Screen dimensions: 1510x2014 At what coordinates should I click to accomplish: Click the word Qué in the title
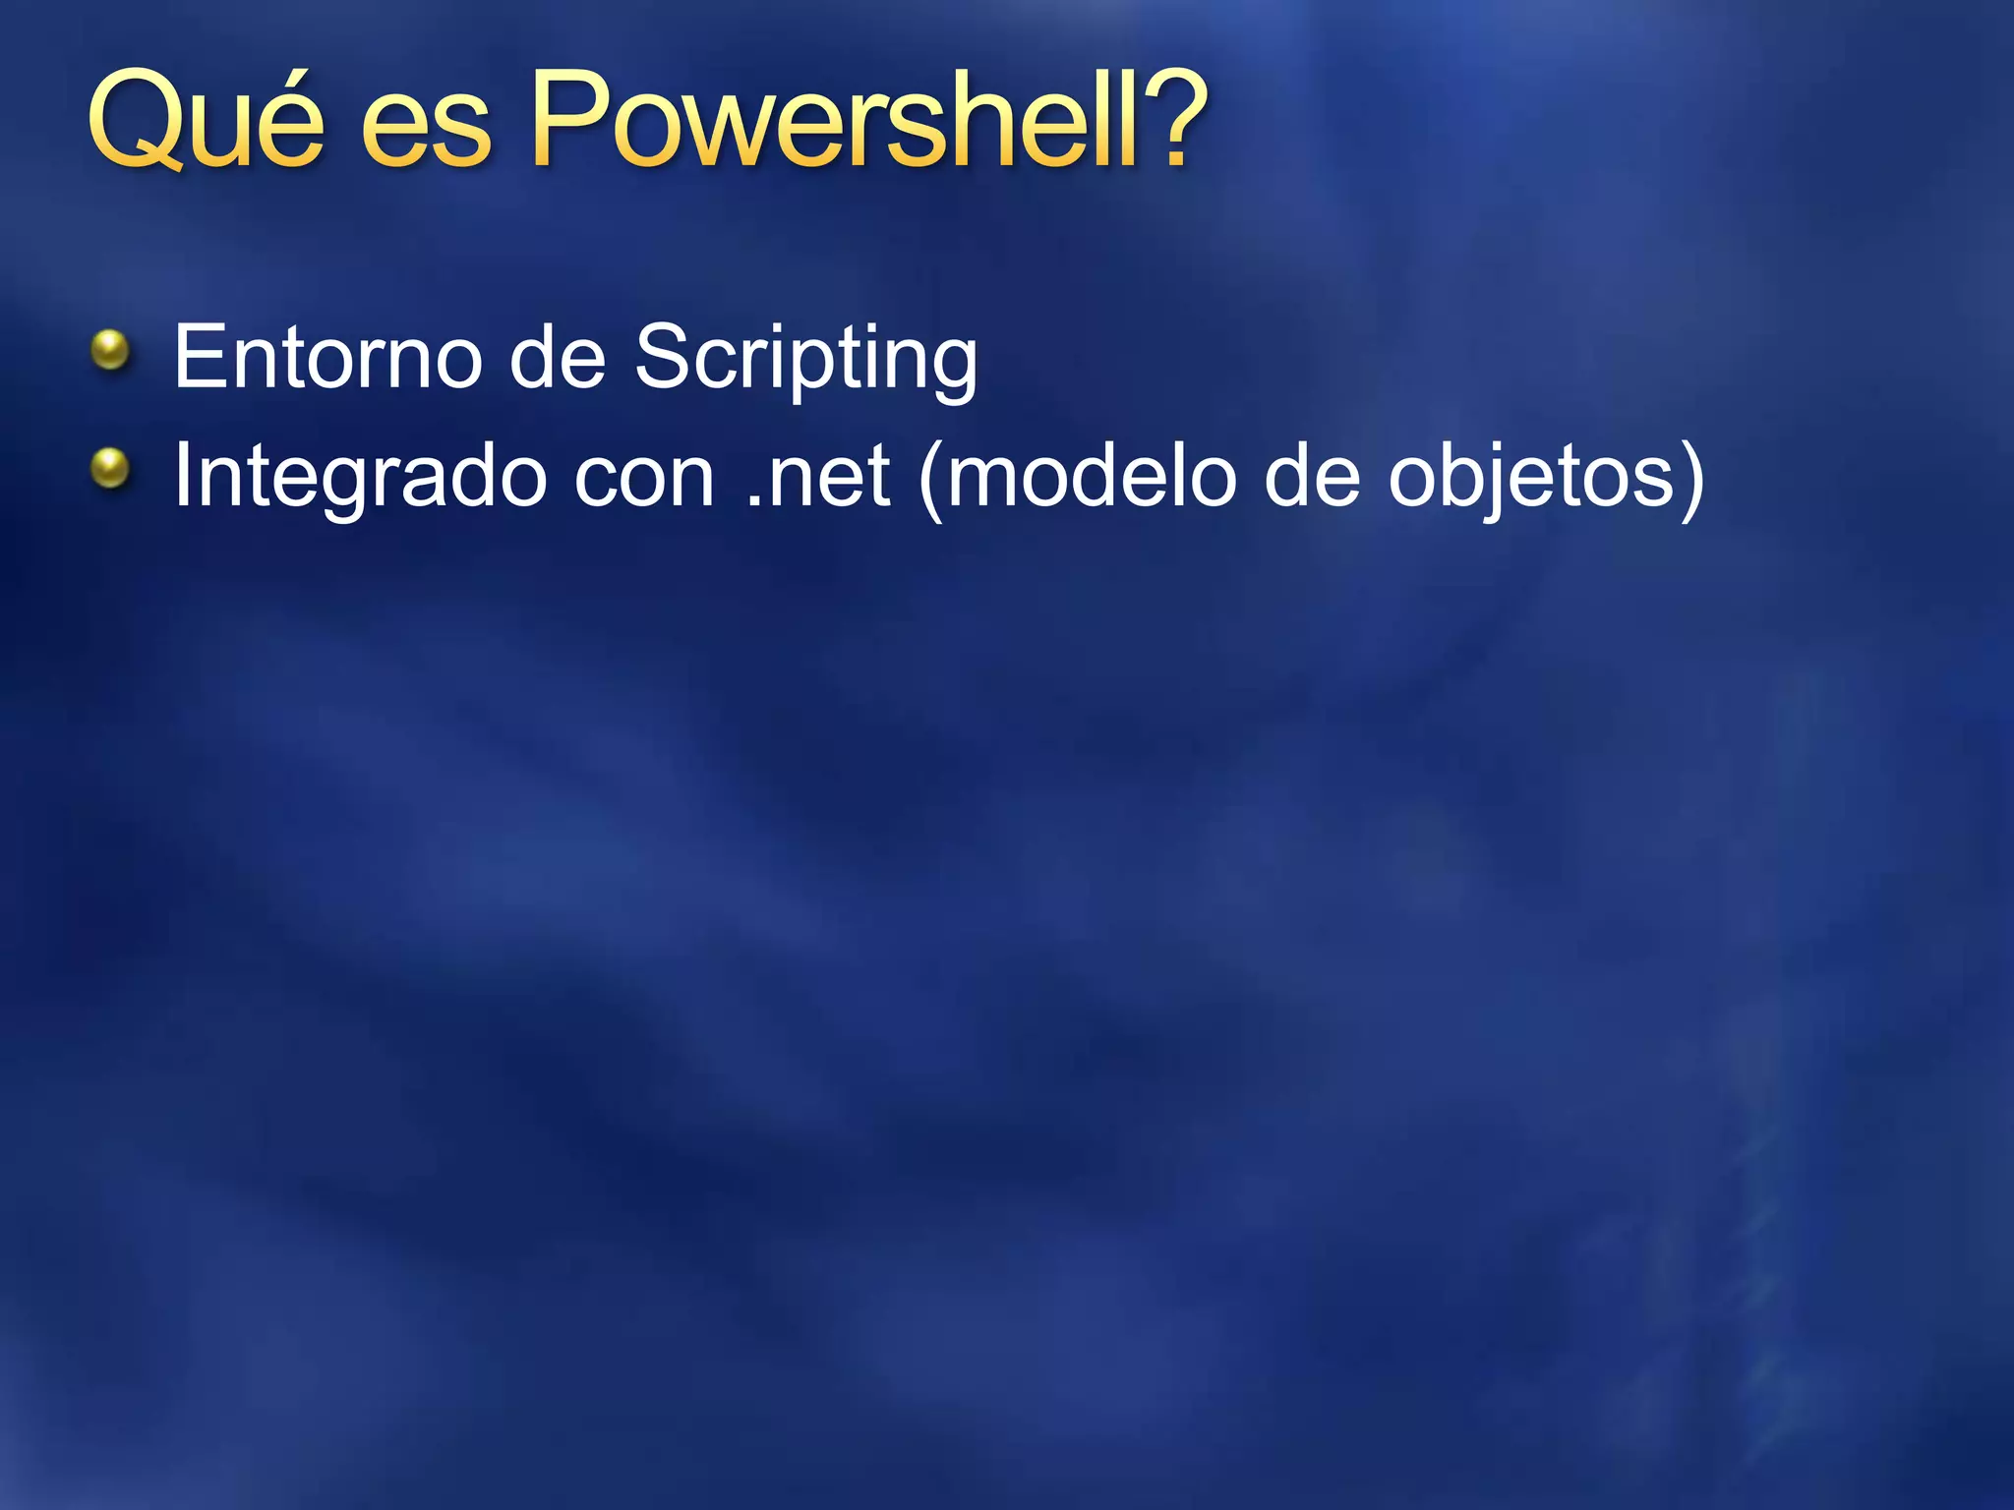pos(206,120)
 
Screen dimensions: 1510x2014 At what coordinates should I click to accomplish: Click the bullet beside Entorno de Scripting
pos(110,350)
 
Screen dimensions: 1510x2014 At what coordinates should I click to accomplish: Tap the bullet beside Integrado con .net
pos(110,469)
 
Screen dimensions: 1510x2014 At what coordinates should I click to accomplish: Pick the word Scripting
pos(805,359)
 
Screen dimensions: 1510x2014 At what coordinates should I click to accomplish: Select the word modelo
pos(1091,477)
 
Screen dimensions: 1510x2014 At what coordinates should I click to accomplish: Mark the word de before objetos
pos(1312,477)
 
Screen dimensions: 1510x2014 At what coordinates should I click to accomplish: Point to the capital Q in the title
pos(139,120)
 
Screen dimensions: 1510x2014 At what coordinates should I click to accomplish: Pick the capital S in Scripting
pos(665,357)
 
